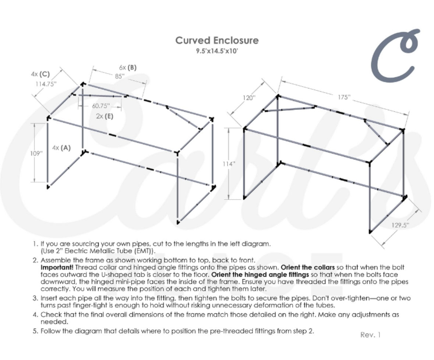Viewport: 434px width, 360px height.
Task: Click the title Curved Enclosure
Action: point(217,40)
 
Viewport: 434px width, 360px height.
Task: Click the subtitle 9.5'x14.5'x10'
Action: point(217,51)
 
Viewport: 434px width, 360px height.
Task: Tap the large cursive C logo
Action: point(395,55)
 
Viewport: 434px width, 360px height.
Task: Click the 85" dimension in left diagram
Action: point(119,76)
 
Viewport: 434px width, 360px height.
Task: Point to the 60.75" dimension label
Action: point(101,106)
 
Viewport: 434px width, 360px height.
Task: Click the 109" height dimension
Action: point(36,153)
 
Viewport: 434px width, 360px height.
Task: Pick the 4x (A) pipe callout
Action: point(61,148)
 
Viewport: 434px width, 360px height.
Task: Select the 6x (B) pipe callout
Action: point(127,67)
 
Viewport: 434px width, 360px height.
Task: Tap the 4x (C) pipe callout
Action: point(40,74)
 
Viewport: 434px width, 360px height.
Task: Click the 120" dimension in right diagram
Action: point(249,98)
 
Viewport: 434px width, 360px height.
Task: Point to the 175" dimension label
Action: point(343,97)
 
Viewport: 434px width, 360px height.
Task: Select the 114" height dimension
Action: point(229,164)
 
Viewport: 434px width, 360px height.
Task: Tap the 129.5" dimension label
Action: point(401,225)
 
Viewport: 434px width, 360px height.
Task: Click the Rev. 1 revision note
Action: point(370,335)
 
